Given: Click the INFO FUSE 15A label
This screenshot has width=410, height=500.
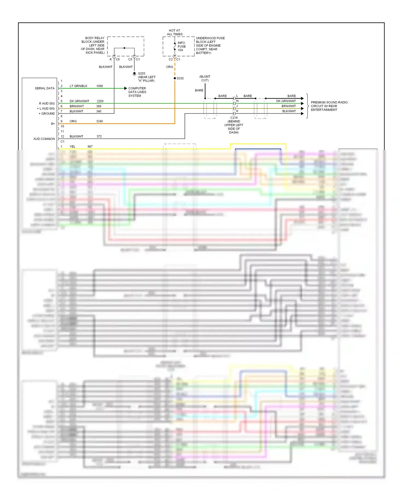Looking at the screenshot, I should pyautogui.click(x=181, y=46).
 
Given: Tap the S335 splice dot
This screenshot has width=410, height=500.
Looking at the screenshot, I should pyautogui.click(x=175, y=78).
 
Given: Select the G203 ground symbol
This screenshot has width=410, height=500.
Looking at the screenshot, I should pyautogui.click(x=134, y=74).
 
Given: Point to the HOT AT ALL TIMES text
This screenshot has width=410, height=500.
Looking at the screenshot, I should pyautogui.click(x=175, y=32).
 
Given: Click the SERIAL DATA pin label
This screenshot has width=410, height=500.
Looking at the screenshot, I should pyautogui.click(x=45, y=88).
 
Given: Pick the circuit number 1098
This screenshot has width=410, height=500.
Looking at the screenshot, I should pyautogui.click(x=99, y=86).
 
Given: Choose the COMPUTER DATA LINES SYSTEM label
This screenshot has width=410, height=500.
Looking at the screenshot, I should pyautogui.click(x=137, y=92).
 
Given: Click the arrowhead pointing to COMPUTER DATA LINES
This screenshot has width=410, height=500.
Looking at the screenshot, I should pyautogui.click(x=125, y=88).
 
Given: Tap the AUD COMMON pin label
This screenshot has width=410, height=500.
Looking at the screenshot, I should pyautogui.click(x=44, y=139).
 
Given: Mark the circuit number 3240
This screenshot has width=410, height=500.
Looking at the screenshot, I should pyautogui.click(x=99, y=121).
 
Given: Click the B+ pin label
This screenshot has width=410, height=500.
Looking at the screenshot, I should pyautogui.click(x=53, y=124).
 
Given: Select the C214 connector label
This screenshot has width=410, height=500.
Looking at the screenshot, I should pyautogui.click(x=234, y=118).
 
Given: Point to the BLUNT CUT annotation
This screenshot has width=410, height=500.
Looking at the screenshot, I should pyautogui.click(x=205, y=79).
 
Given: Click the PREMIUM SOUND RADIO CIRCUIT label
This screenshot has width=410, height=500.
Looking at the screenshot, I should pyautogui.click(x=329, y=106).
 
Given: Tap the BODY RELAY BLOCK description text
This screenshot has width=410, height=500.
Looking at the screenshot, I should pyautogui.click(x=93, y=45).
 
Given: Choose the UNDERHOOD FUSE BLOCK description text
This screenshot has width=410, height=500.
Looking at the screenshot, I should pyautogui.click(x=210, y=45).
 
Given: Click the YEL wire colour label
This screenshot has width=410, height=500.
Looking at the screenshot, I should pyautogui.click(x=72, y=147).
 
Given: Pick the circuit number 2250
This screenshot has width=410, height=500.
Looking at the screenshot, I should pyautogui.click(x=100, y=101).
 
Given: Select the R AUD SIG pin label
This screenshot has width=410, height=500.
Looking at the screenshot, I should pyautogui.click(x=47, y=103).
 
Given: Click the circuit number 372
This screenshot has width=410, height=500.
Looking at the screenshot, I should pyautogui.click(x=99, y=136).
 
